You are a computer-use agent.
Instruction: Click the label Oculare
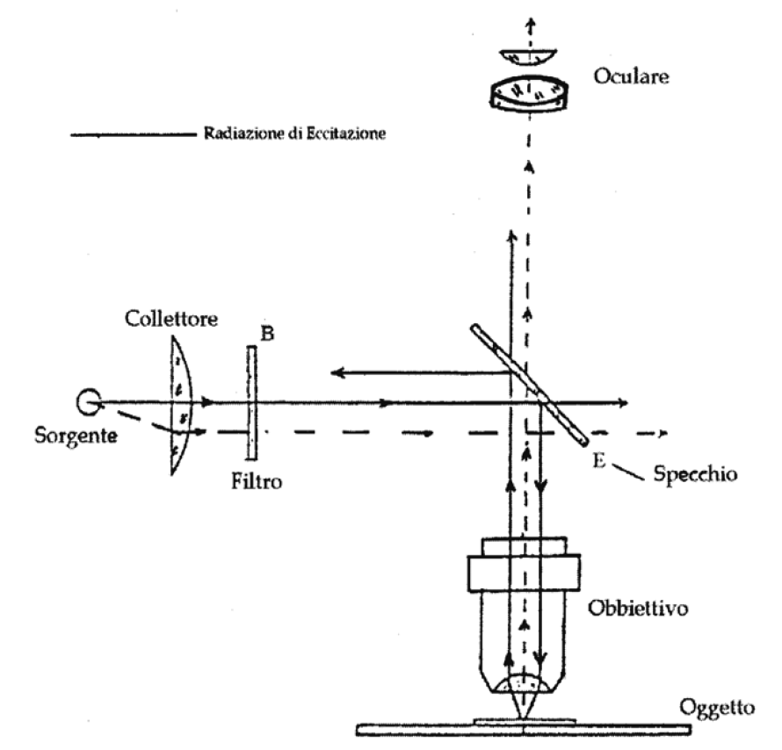click(x=631, y=76)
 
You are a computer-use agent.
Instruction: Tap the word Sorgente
click(x=76, y=436)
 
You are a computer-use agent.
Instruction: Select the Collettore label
click(x=171, y=319)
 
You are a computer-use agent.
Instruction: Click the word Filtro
click(x=257, y=481)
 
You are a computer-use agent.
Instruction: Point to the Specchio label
click(x=695, y=473)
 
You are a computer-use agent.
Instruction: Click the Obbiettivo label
click(x=638, y=608)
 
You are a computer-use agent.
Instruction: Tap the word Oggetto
click(x=717, y=708)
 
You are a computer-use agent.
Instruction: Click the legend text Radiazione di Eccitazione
click(x=294, y=133)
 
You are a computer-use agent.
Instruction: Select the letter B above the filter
click(x=267, y=334)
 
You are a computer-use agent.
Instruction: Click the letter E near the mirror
click(x=599, y=460)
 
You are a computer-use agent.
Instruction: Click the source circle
click(x=89, y=401)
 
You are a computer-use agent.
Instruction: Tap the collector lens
click(x=181, y=405)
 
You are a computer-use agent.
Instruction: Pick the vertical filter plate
click(x=252, y=402)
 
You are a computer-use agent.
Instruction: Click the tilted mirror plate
click(x=530, y=384)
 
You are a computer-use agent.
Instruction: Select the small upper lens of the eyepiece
click(x=528, y=57)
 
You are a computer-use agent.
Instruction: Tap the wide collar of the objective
click(x=524, y=573)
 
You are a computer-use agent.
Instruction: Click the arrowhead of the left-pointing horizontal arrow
click(x=337, y=372)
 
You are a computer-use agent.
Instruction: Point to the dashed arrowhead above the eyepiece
click(x=532, y=23)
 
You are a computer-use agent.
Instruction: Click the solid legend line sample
click(x=134, y=134)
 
